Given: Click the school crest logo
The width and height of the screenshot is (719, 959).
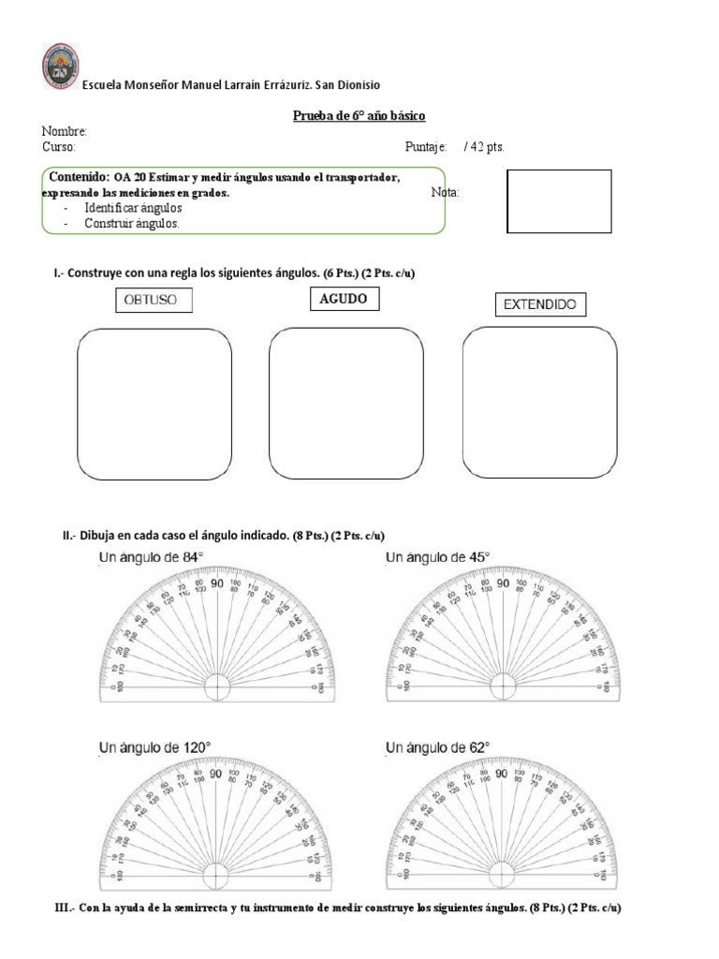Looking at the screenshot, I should pyautogui.click(x=61, y=66).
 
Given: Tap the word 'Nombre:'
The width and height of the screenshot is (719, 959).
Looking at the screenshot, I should pyautogui.click(x=65, y=132).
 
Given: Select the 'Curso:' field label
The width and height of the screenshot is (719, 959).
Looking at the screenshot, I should pyautogui.click(x=59, y=147).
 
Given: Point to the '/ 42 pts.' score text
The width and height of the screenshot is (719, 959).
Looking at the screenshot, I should pyautogui.click(x=484, y=147).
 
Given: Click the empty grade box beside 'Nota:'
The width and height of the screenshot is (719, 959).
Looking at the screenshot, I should pyautogui.click(x=559, y=200).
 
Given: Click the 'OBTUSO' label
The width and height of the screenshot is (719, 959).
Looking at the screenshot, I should pyautogui.click(x=153, y=301).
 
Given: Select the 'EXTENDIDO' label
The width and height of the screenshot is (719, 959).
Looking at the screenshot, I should pyautogui.click(x=539, y=304).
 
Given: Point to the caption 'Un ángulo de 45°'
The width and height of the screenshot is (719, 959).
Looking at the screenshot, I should pyautogui.click(x=437, y=558).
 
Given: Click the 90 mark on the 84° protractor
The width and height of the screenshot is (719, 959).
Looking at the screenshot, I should pyautogui.click(x=216, y=583).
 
